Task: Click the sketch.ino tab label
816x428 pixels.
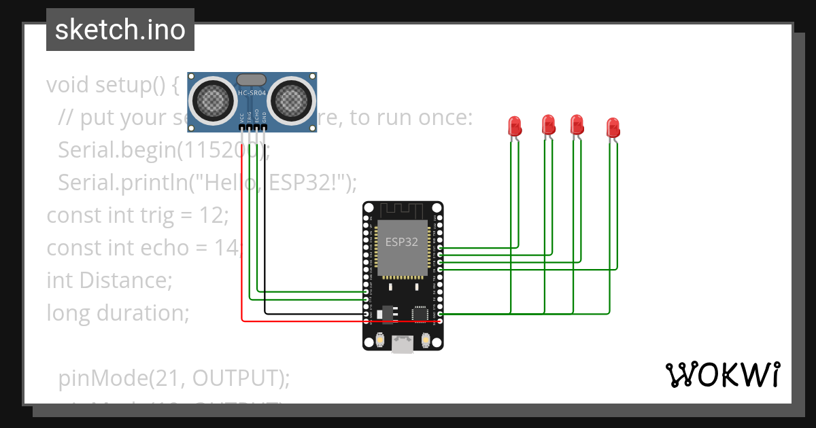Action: click(120, 30)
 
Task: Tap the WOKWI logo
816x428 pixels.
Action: click(721, 374)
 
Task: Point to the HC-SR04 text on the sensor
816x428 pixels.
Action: click(252, 92)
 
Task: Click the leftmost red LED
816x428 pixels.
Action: click(515, 126)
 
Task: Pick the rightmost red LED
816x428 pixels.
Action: click(613, 127)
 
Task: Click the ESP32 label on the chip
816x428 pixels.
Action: click(402, 242)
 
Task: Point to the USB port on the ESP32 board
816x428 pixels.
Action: click(403, 344)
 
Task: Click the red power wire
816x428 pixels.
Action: click(242, 258)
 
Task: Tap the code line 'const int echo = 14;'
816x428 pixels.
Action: click(143, 248)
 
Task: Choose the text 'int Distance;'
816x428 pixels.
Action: click(109, 280)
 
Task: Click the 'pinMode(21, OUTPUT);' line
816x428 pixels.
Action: click(173, 377)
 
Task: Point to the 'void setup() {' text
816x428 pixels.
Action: click(112, 85)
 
